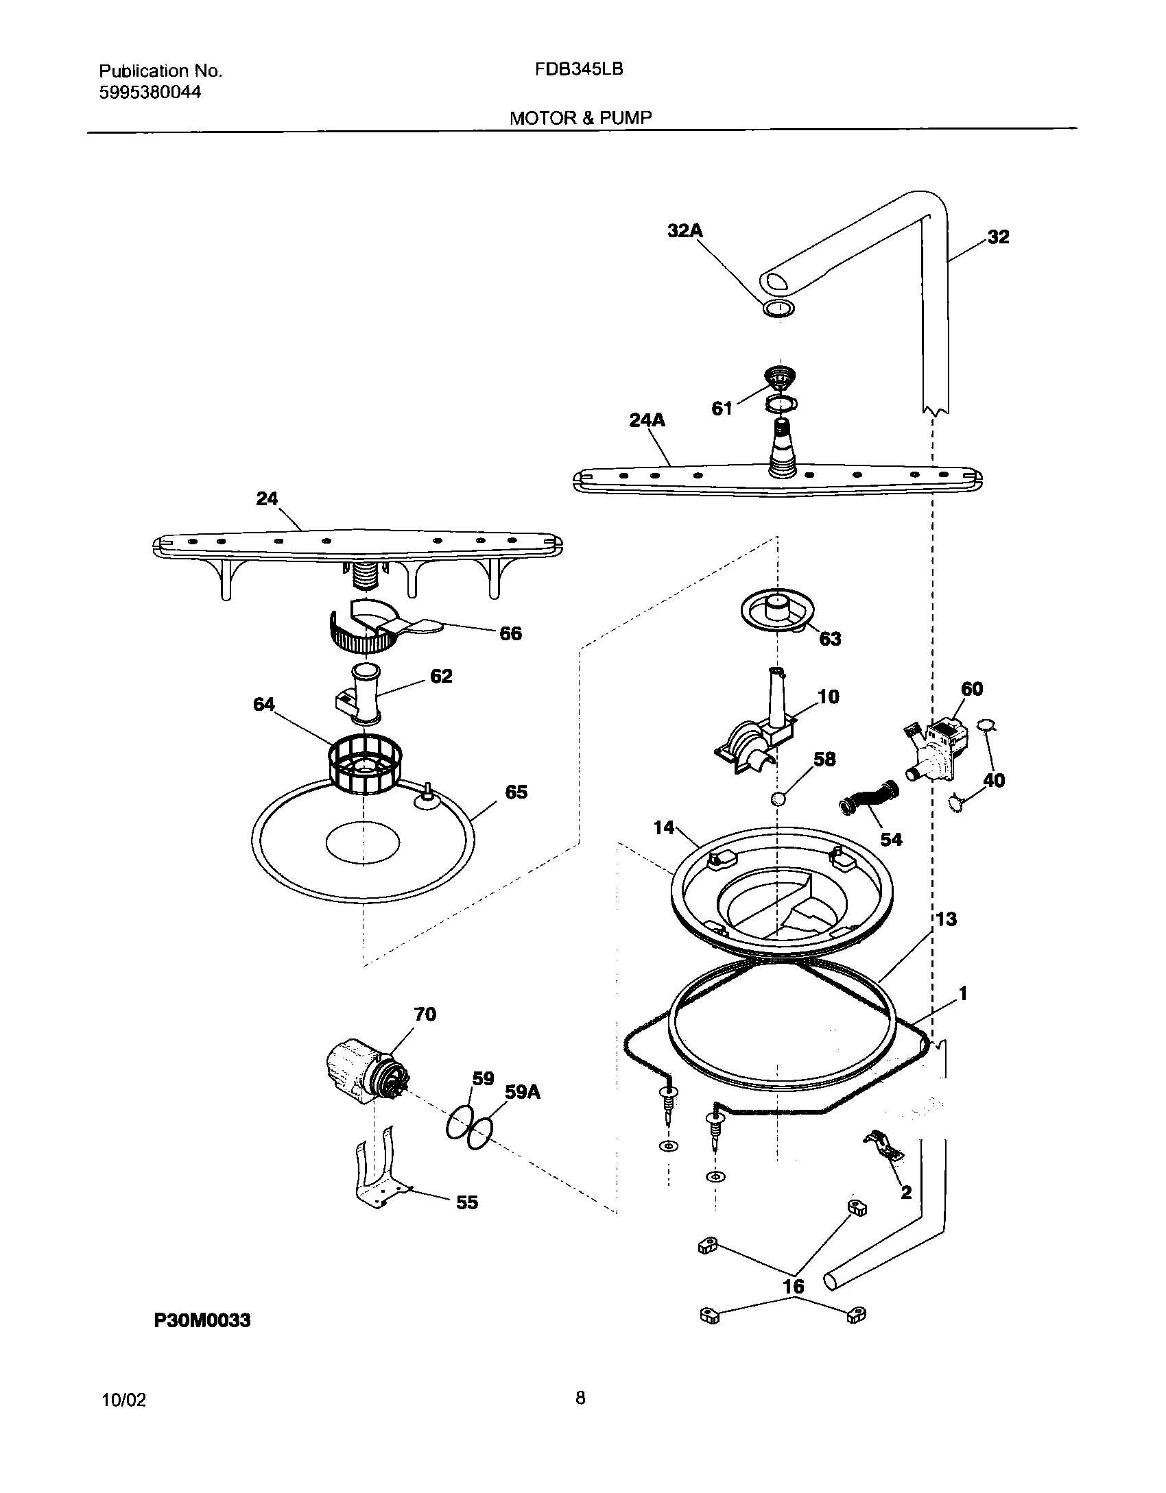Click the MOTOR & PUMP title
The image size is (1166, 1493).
580,118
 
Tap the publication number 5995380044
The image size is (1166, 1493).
150,93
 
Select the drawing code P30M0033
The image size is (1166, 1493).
202,1320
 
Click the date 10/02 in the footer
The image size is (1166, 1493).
123,1400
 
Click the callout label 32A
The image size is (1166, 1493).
685,231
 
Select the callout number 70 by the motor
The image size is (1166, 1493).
425,1013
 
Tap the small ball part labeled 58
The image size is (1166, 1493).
778,799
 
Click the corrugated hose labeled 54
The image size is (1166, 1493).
868,799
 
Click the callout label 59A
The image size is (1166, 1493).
523,1092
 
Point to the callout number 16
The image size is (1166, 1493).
794,1287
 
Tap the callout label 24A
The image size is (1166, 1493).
647,420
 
